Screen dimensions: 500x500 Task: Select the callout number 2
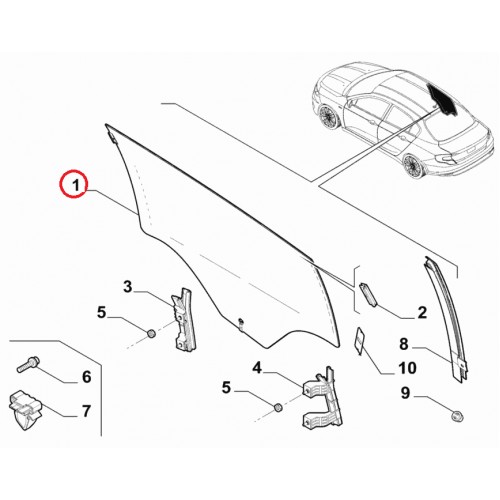422,313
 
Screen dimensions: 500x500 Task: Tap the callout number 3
128,287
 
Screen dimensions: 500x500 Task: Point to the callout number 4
257,368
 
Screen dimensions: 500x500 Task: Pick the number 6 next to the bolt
87,377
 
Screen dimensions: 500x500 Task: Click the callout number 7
86,411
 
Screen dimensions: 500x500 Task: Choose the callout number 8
404,344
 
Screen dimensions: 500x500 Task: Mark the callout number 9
405,393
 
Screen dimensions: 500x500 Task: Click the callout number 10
407,368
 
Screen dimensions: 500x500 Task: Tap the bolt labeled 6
28,364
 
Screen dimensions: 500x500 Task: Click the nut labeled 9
457,416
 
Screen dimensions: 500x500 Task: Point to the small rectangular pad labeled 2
368,294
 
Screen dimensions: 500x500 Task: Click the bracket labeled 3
184,319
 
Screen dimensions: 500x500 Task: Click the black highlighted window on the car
442,97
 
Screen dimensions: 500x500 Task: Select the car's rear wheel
413,166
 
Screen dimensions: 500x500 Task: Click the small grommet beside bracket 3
151,333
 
